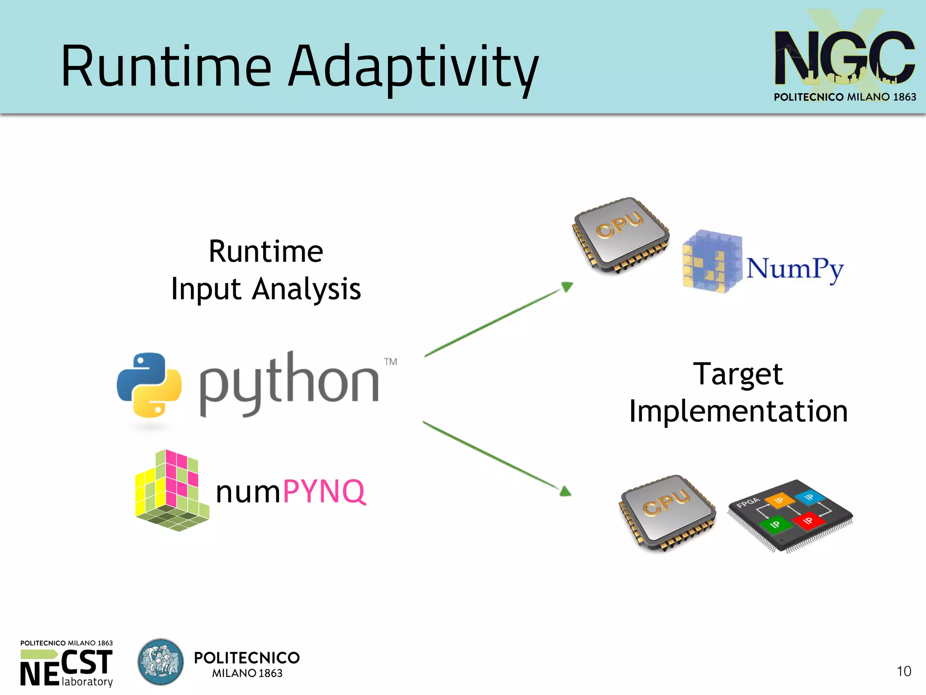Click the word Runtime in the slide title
[x=166, y=67]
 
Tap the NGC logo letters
[x=844, y=58]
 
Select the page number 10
[x=903, y=671]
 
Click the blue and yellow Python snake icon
[x=149, y=385]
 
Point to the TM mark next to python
[x=391, y=362]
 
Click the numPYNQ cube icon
[x=172, y=491]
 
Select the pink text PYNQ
[x=324, y=492]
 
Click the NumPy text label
[x=794, y=269]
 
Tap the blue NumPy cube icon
[x=711, y=262]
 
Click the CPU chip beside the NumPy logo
[x=621, y=235]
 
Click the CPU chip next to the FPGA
[x=668, y=512]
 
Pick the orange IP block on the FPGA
[x=780, y=500]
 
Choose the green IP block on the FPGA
[x=775, y=525]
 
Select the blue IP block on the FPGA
[x=809, y=497]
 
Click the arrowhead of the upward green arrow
[x=567, y=287]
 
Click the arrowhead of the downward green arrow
[x=565, y=491]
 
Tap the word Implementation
[x=738, y=411]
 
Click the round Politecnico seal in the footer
[x=161, y=662]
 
